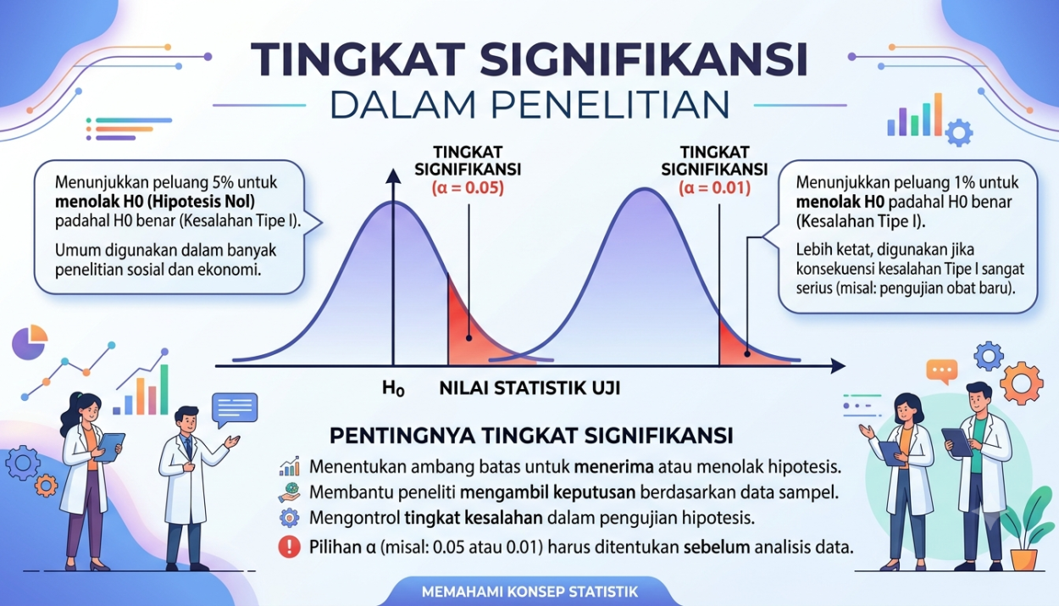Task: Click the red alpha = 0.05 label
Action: tap(468, 188)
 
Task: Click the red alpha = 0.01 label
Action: tap(714, 188)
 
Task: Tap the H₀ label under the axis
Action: tap(393, 389)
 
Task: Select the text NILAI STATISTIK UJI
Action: tap(529, 388)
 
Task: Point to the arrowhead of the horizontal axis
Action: tap(838, 365)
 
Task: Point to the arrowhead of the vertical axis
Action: tap(393, 176)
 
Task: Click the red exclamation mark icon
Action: tap(290, 547)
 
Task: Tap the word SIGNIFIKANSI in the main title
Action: tap(643, 60)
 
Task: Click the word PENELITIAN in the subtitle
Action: tap(610, 105)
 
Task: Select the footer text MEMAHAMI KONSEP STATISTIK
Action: tap(529, 592)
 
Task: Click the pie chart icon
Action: tap(30, 342)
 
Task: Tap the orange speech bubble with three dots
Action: tap(942, 371)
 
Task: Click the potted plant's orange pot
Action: tap(1024, 559)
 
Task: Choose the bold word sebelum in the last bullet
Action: tap(717, 548)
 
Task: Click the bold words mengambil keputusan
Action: tap(547, 493)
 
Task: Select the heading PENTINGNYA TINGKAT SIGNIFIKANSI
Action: tap(531, 436)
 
